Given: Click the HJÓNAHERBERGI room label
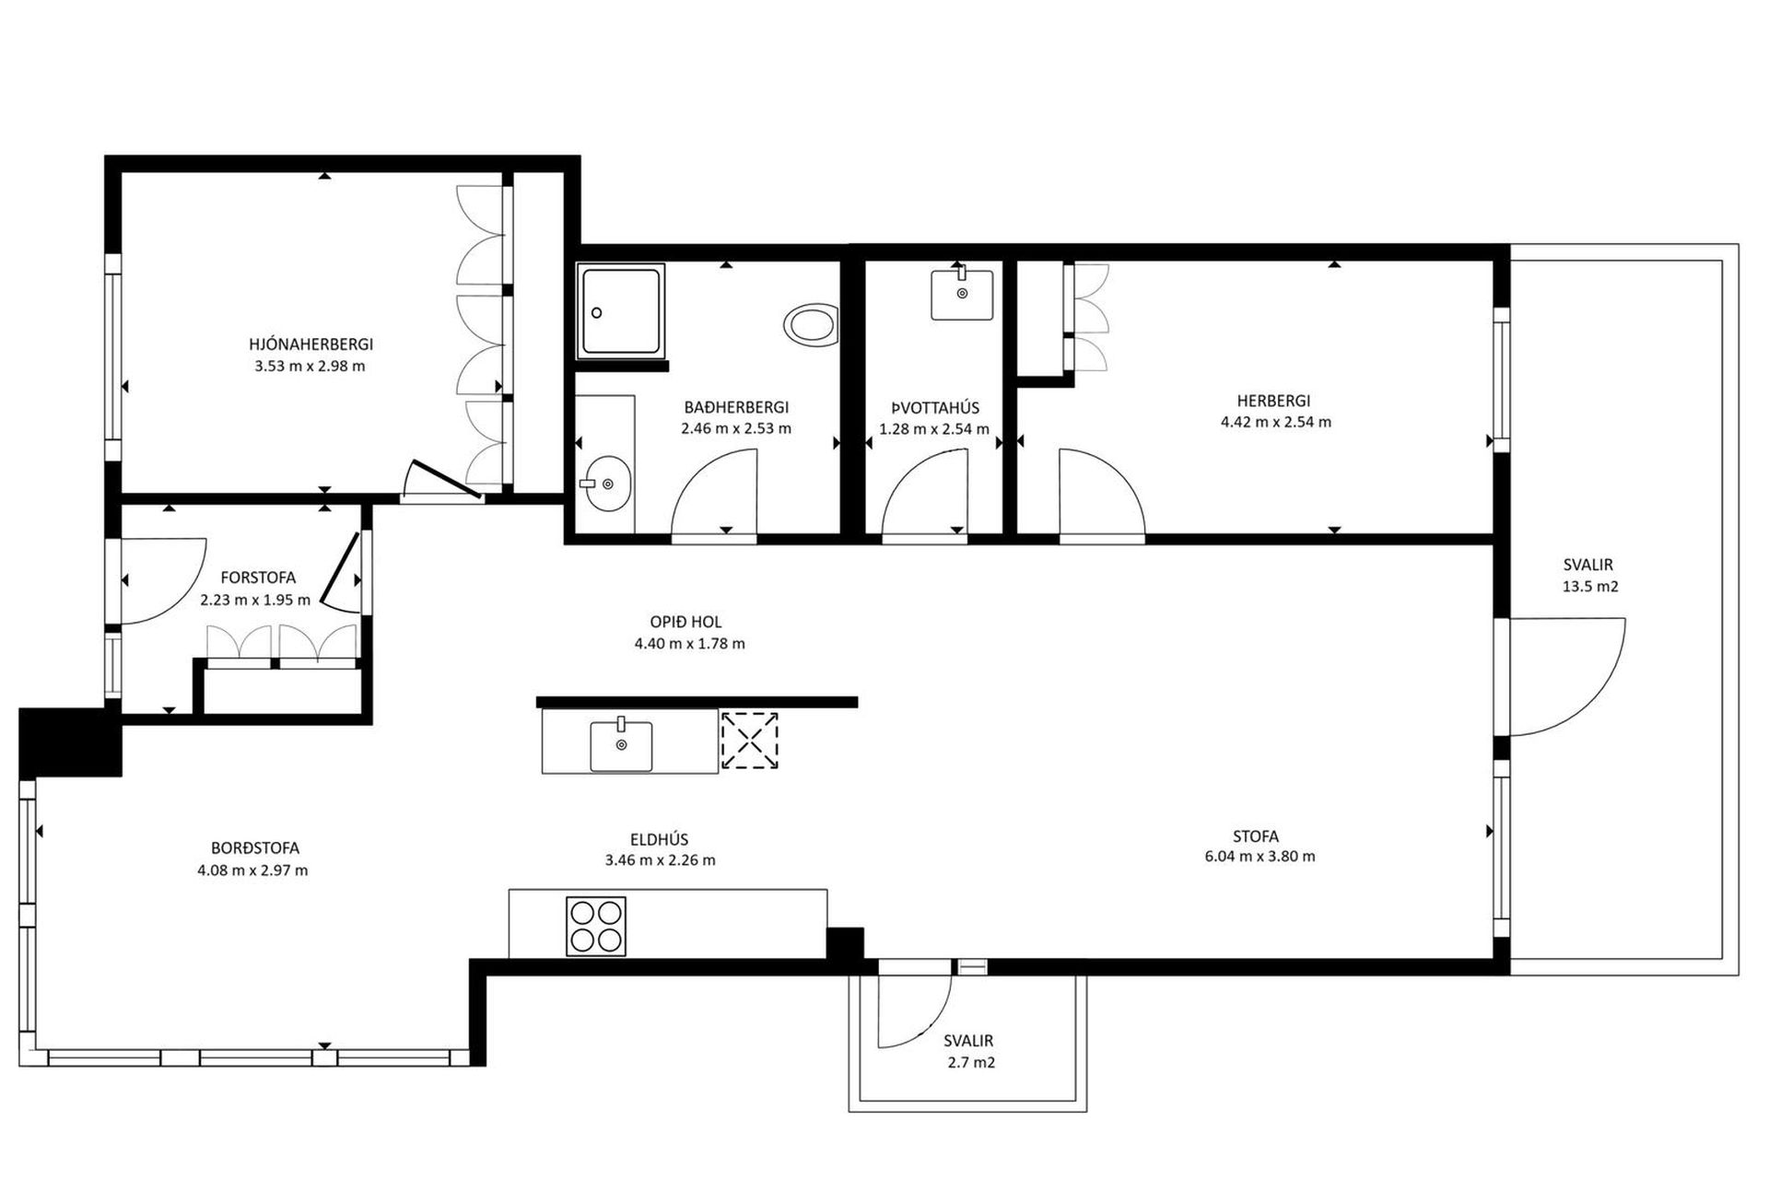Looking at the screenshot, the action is tap(310, 344).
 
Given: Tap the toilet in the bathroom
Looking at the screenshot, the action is tap(812, 325).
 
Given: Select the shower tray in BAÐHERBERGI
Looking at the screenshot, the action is tap(622, 311).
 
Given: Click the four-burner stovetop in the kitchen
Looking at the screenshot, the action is tap(596, 926).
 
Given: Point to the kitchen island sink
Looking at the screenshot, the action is tap(621, 744).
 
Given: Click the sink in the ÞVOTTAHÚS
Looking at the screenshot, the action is tap(962, 293).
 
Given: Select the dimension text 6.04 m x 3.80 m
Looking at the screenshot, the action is tap(1259, 857).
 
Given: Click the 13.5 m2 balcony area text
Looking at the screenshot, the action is tap(1587, 587).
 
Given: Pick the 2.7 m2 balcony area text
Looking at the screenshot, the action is tap(971, 1062).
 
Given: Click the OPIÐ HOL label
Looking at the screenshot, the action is tap(685, 623).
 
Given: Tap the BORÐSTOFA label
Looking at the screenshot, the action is tap(255, 848).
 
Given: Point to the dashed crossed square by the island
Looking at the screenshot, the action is tap(749, 741).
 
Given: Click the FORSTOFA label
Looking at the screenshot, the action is tap(258, 578).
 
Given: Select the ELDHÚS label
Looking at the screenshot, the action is tap(660, 839).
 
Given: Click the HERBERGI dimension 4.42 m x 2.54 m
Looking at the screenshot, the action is tap(1275, 423).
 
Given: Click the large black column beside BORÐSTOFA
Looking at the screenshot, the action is tap(70, 742).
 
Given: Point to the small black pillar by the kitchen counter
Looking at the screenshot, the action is tap(844, 944).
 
